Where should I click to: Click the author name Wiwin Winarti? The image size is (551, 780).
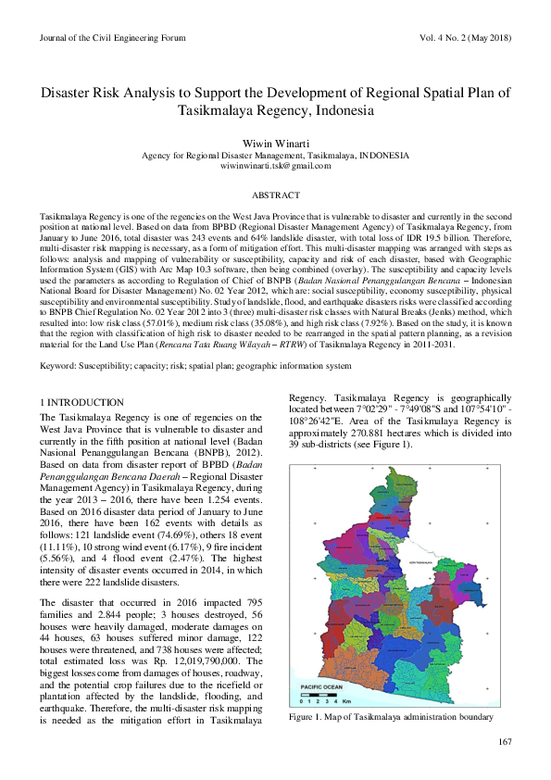(275, 143)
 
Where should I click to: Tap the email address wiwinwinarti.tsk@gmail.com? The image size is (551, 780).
(275, 165)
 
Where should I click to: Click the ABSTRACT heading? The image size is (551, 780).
(275, 195)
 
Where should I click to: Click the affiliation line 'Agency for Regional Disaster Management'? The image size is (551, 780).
(275, 155)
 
